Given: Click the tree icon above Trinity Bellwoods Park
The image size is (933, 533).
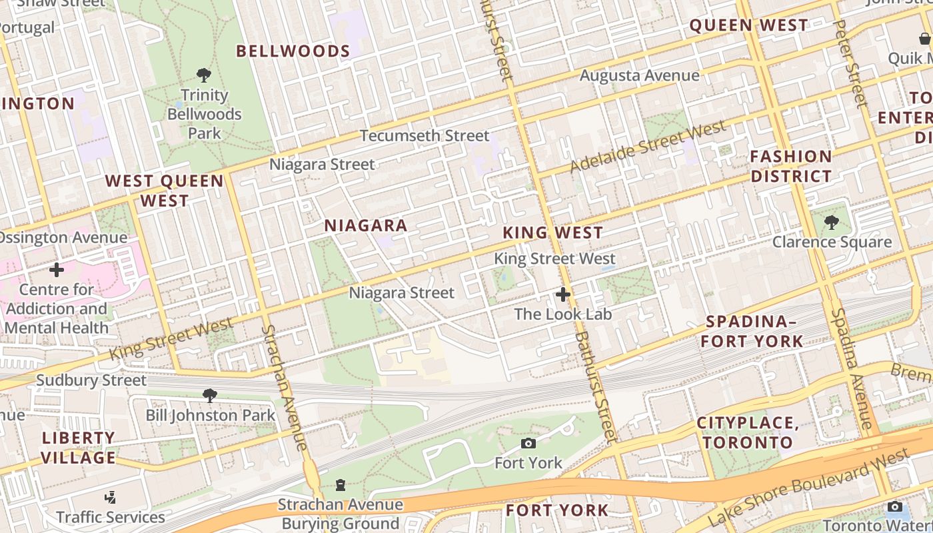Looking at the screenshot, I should pos(204,75).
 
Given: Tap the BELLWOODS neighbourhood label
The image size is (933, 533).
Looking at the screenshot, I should pos(293,51).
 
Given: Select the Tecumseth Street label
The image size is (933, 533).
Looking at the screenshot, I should pos(425,136).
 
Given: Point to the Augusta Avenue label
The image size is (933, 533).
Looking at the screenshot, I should pos(639,75).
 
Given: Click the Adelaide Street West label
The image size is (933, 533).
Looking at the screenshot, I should pos(647,147).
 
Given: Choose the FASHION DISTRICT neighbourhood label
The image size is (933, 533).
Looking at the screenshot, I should pos(791,167).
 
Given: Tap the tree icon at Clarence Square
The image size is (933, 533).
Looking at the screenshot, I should pos(831,223).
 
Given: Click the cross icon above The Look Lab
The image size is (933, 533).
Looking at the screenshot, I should pos(563,294).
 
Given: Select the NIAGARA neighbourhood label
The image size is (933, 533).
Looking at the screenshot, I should pos(366,226).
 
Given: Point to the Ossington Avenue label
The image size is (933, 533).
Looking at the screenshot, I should pos(63,238).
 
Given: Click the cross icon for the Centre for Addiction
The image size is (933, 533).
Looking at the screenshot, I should pos(57,270).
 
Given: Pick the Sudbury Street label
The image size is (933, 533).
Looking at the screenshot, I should pos(91,380).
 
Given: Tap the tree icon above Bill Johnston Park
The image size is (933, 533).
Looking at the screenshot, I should pos(210,396).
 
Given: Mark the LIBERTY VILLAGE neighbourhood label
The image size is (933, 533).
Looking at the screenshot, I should pos(79,448).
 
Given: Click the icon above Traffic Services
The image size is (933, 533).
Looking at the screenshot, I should pos(111,498).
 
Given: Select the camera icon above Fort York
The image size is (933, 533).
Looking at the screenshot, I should pos(528,443).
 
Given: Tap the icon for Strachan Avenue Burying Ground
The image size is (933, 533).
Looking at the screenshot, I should pos(341,484).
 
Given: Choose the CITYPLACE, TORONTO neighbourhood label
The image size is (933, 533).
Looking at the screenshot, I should pos(747,432).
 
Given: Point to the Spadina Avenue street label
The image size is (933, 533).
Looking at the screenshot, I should pos(852,368).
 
